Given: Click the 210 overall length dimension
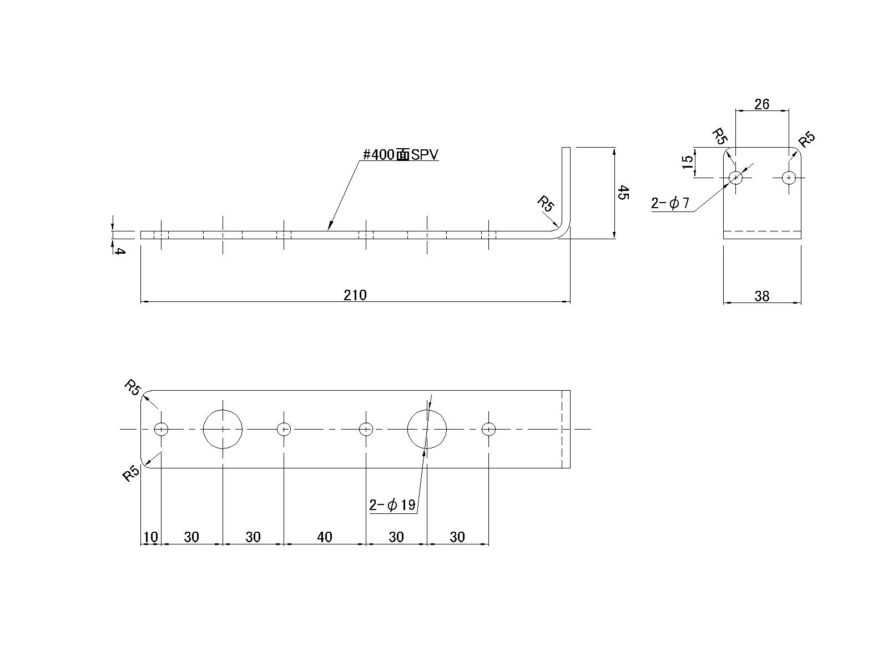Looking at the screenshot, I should (355, 295).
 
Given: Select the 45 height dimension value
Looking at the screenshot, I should (623, 193).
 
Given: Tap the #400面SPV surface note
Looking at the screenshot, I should (400, 155).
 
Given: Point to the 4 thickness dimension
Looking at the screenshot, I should (120, 251).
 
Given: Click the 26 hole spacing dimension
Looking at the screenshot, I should (762, 104).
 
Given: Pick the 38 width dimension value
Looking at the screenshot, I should (762, 296).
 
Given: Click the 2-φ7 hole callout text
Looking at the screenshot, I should (670, 204).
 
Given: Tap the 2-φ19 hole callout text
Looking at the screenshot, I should (392, 505).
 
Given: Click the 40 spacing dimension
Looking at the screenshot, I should (325, 537).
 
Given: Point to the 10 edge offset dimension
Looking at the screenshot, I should (150, 537).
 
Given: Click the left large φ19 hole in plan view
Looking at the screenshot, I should (223, 429).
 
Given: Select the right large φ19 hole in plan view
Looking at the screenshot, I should (427, 429).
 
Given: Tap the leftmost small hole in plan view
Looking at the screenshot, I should (161, 429).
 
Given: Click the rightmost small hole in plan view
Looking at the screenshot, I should (488, 429).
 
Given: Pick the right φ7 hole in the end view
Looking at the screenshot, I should (789, 178).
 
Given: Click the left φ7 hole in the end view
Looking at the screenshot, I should (735, 178).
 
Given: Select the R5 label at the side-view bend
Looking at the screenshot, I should (546, 204).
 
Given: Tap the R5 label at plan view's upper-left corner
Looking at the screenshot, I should (132, 387).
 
